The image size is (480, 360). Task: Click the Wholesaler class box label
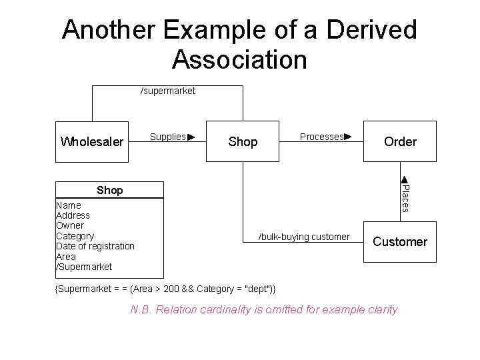(92, 141)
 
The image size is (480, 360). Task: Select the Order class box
(400, 141)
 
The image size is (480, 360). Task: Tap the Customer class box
(400, 242)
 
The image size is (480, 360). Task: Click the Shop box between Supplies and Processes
(243, 141)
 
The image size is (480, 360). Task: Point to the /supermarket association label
(167, 91)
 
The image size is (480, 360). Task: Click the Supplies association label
(167, 137)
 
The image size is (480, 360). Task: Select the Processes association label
(321, 137)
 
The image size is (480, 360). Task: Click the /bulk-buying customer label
(304, 237)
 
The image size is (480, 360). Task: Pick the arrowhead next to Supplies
(191, 137)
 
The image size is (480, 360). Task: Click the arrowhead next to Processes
(347, 137)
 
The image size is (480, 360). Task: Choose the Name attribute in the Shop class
(69, 205)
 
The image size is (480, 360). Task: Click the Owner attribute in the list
(70, 225)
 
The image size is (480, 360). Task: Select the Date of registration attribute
(95, 246)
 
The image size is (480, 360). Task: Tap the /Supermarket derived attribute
(84, 267)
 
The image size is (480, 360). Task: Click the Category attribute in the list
(75, 236)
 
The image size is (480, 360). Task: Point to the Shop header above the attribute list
(109, 190)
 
